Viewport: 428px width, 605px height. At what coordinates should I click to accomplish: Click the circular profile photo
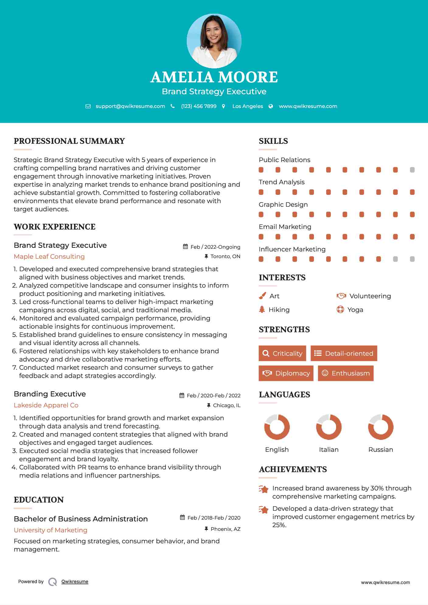(214, 41)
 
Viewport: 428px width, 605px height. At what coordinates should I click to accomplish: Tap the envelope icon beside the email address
(88, 106)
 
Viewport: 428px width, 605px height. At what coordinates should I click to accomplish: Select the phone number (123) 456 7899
(199, 106)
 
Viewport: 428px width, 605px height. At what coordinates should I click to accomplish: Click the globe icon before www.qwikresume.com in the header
(271, 106)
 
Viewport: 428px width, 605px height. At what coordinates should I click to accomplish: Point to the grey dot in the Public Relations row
(412, 170)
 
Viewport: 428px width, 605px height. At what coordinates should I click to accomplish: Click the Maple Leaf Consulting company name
(49, 257)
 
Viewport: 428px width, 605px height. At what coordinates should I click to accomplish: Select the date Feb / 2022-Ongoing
(215, 247)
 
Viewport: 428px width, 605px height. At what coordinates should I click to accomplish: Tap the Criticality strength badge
(282, 353)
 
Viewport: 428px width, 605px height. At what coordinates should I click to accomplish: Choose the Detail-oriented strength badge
(344, 353)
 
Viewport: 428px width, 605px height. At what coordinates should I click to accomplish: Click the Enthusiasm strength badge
(346, 373)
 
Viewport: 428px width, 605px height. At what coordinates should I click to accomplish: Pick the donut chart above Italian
(329, 427)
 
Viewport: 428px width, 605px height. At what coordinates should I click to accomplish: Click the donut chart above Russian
(381, 427)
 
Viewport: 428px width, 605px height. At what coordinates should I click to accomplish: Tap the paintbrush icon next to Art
(262, 296)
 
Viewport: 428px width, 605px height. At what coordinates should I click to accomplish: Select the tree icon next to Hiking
(262, 309)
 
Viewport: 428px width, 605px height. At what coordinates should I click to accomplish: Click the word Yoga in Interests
(355, 310)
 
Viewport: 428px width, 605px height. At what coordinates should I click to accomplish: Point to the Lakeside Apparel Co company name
(46, 405)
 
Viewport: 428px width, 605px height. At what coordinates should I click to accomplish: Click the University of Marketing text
(50, 530)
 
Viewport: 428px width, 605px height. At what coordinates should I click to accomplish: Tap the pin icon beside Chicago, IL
(209, 405)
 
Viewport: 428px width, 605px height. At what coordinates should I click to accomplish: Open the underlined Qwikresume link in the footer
(75, 582)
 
